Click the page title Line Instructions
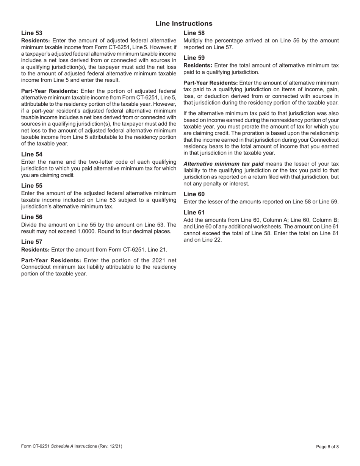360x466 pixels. (184, 23)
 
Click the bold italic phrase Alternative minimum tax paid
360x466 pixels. (223, 164)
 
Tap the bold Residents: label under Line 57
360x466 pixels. (35, 250)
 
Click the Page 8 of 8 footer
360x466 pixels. (327, 447)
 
